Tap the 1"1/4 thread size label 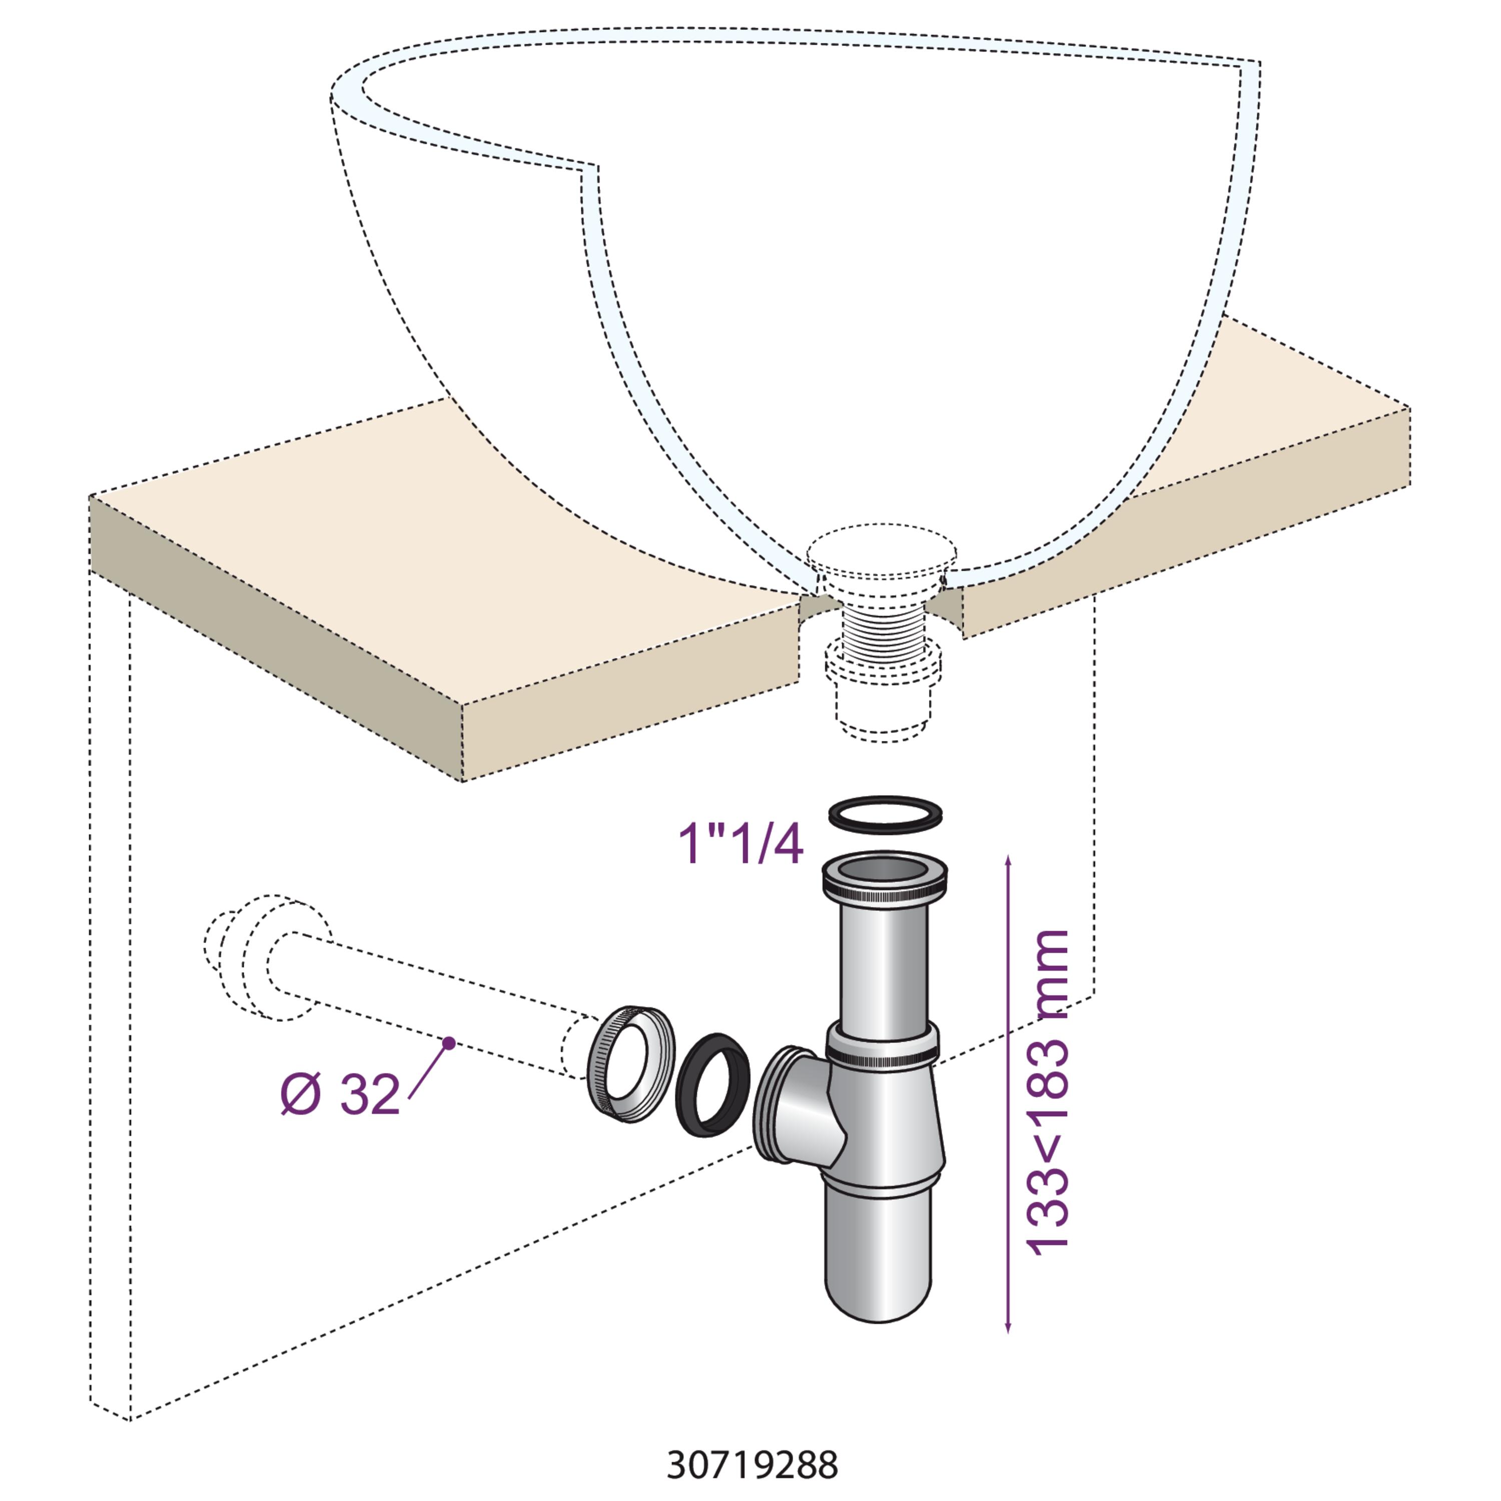click(x=740, y=845)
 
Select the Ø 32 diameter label click(x=340, y=1095)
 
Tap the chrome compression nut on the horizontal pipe click(x=630, y=1064)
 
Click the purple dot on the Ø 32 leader click(x=448, y=1043)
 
